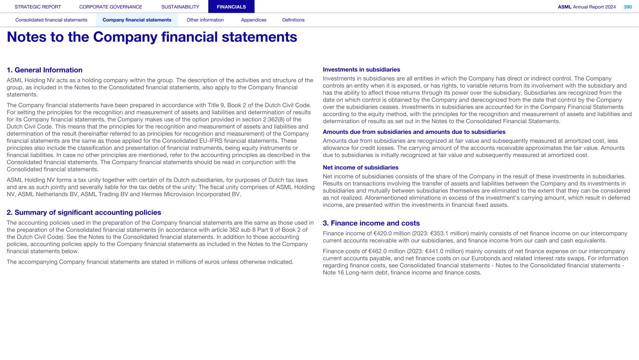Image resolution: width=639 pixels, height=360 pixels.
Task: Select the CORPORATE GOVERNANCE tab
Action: pos(110,7)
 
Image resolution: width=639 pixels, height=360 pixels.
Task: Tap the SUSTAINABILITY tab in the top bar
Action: pos(180,7)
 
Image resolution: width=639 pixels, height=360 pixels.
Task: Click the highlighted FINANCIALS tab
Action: pos(231,7)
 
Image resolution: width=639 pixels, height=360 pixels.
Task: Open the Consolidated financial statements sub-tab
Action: pos(51,20)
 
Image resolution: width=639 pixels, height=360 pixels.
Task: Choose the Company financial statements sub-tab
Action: pos(137,20)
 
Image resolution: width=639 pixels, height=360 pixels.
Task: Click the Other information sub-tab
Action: pos(205,20)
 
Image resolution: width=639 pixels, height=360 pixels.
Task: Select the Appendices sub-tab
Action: pos(254,20)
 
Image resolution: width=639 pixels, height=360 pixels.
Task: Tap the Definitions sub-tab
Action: pos(294,20)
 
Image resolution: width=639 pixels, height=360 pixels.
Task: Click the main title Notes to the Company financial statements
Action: pos(152,37)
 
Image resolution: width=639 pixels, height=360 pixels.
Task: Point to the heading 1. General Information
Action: pos(44,70)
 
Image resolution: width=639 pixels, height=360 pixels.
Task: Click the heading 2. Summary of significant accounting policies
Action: pos(84,213)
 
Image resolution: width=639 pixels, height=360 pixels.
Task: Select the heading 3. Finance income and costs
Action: pos(371,223)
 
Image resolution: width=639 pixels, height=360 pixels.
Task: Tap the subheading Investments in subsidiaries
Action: pos(361,70)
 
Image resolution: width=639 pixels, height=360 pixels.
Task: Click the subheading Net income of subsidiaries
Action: pos(360,168)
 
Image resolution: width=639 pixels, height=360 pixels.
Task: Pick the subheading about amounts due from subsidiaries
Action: pos(414,132)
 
